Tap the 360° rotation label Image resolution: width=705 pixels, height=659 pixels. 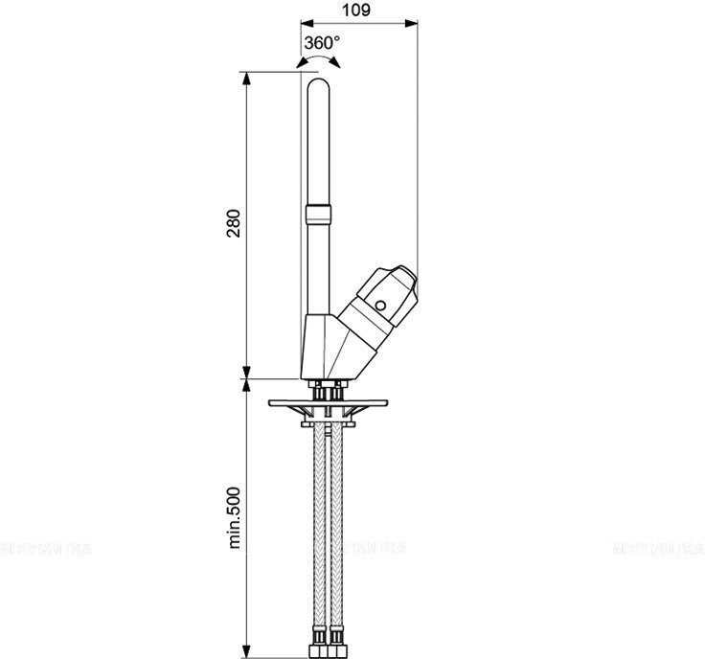click(322, 43)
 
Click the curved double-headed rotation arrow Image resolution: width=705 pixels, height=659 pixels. click(309, 62)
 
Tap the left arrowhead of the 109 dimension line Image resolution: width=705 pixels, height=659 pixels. click(306, 23)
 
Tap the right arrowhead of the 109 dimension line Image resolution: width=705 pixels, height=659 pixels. click(413, 23)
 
